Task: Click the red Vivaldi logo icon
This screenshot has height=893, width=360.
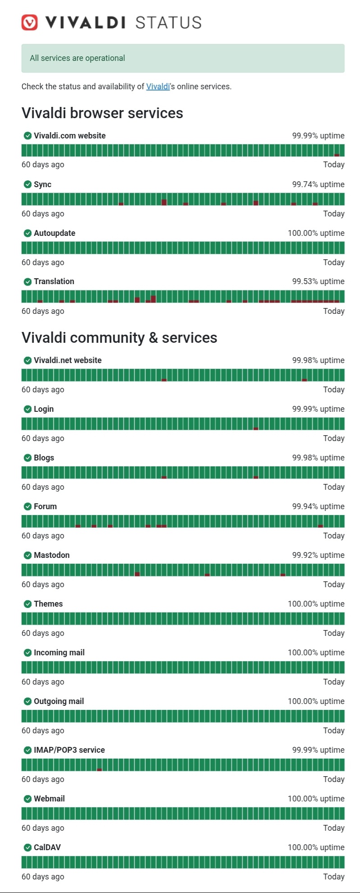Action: pyautogui.click(x=30, y=22)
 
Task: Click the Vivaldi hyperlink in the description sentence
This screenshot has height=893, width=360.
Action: pyautogui.click(x=158, y=86)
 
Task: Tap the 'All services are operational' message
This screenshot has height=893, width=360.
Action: pyautogui.click(x=77, y=58)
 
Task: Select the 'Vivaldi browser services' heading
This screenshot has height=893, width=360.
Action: pyautogui.click(x=102, y=113)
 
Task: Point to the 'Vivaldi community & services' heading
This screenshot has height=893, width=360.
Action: pyautogui.click(x=120, y=337)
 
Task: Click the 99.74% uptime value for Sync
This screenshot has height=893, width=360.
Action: pyautogui.click(x=318, y=184)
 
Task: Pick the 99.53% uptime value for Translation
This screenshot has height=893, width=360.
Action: pyautogui.click(x=318, y=281)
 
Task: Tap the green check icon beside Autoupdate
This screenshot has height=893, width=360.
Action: pyautogui.click(x=28, y=233)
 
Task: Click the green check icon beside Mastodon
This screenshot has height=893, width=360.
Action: pyautogui.click(x=28, y=555)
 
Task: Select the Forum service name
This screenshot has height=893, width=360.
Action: pyautogui.click(x=45, y=506)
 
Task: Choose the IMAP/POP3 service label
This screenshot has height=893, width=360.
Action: pyautogui.click(x=69, y=750)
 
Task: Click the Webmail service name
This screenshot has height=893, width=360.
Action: pyautogui.click(x=49, y=799)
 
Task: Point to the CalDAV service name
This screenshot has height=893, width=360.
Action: pyautogui.click(x=47, y=847)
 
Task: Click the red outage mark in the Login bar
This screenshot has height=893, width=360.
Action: pyautogui.click(x=256, y=428)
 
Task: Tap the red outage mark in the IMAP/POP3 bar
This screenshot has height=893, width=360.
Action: pyautogui.click(x=99, y=769)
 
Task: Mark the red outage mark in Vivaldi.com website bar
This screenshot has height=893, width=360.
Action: pyautogui.click(x=337, y=155)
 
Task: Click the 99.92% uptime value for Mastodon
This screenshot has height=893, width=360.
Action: pyautogui.click(x=318, y=555)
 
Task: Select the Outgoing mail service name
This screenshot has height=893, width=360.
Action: pyautogui.click(x=59, y=701)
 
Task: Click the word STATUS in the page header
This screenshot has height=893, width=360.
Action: pyautogui.click(x=168, y=23)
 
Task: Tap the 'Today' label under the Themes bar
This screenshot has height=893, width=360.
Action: pyautogui.click(x=334, y=633)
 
